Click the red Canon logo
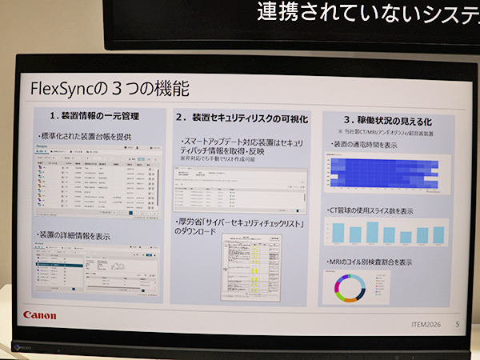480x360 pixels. point(39,314)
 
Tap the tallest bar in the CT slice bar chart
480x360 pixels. point(372,231)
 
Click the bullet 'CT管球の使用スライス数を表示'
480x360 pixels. point(373,210)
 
